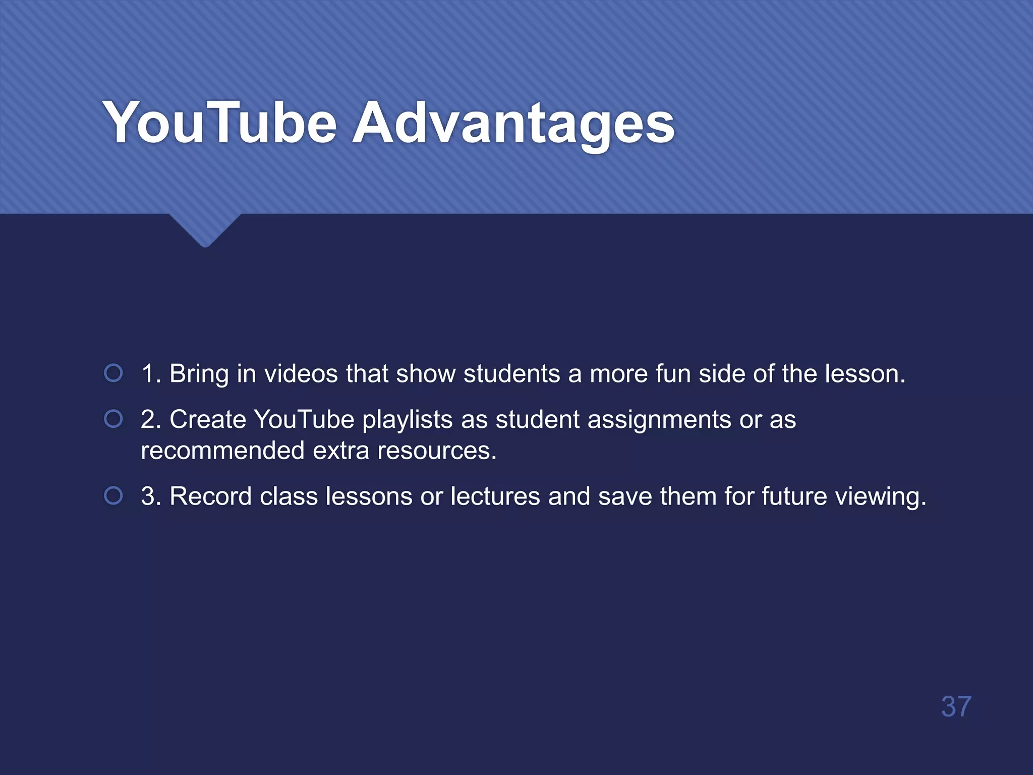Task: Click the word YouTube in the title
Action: click(219, 123)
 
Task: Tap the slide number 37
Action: click(956, 706)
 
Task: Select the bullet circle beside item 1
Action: click(113, 373)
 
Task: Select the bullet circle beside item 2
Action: click(113, 419)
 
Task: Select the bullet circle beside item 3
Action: click(113, 495)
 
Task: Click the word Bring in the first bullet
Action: click(199, 374)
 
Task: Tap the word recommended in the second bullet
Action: click(222, 450)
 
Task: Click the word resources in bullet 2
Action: click(436, 451)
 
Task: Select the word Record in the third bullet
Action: click(210, 496)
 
